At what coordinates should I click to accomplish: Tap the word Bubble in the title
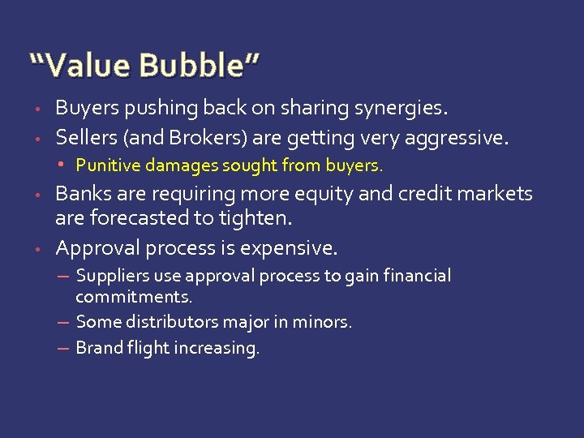[192, 64]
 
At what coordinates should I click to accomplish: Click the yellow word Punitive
[105, 165]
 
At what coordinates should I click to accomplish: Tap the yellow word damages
[174, 165]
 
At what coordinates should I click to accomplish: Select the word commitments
[134, 297]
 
